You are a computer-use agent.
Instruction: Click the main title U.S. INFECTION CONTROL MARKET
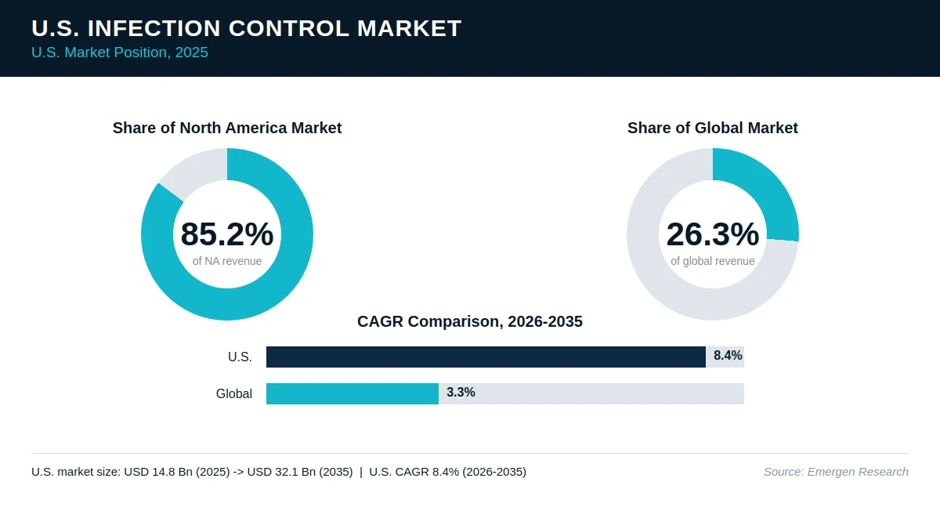tap(246, 28)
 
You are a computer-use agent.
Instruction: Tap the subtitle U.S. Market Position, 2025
tap(120, 53)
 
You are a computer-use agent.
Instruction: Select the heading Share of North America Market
tap(227, 128)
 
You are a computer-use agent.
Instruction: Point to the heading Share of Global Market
tap(713, 128)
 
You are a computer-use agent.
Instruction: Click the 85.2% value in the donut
tap(227, 234)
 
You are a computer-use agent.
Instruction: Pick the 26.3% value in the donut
tap(713, 234)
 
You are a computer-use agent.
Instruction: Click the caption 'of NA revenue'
tap(227, 261)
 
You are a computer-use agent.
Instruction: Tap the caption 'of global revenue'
tap(713, 261)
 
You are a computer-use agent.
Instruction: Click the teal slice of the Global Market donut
tap(764, 189)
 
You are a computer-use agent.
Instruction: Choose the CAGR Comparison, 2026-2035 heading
tap(469, 321)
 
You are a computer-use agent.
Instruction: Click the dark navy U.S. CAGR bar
tap(486, 357)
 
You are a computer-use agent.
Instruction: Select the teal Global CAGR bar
tap(352, 393)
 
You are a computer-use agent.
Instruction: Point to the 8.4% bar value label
tap(728, 356)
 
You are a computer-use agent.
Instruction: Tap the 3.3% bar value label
tap(461, 392)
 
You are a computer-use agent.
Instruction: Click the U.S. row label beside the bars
tap(240, 357)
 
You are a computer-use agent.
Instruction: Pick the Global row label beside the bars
tap(234, 393)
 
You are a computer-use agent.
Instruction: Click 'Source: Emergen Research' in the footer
tap(836, 472)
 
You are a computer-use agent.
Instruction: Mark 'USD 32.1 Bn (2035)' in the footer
tap(300, 472)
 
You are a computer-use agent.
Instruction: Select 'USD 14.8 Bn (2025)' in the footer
tap(177, 472)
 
